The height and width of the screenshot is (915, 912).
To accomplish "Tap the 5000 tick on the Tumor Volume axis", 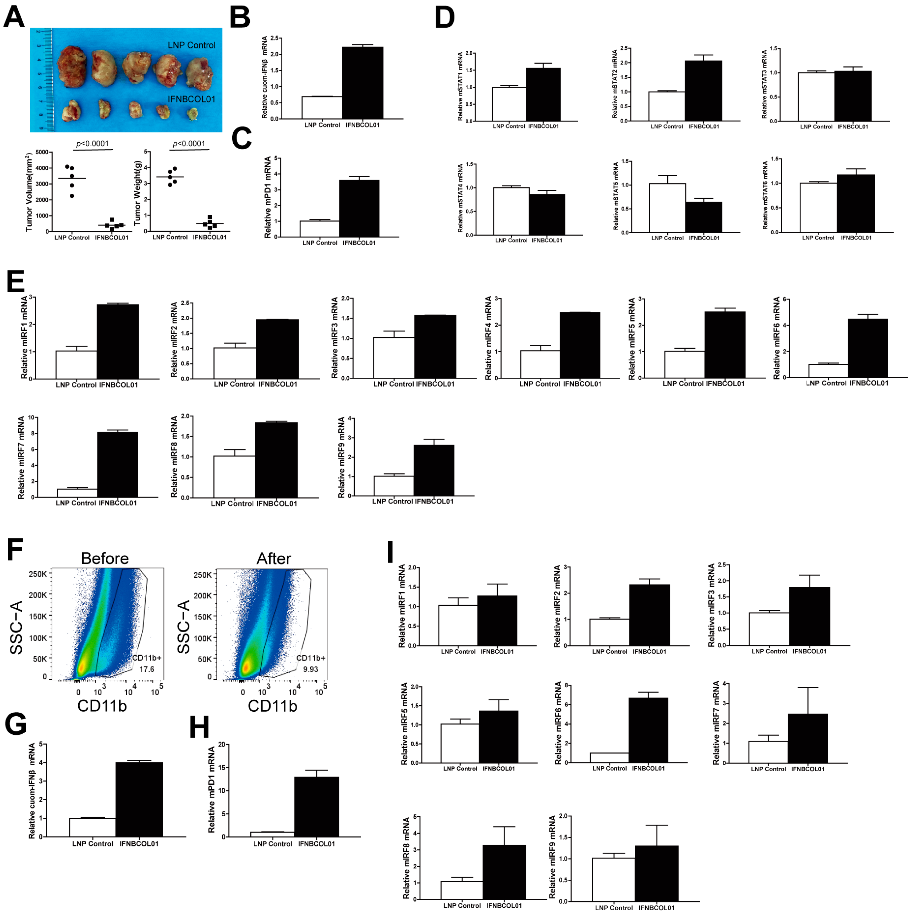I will [42, 152].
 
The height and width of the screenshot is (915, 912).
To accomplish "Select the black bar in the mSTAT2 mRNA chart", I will [704, 91].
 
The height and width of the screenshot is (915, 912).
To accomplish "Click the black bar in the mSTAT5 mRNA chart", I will [704, 217].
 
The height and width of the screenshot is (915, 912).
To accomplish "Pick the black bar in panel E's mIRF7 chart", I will [118, 464].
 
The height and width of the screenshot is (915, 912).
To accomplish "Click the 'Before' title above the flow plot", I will [105, 558].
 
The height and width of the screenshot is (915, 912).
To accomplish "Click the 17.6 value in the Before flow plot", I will [146, 669].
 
